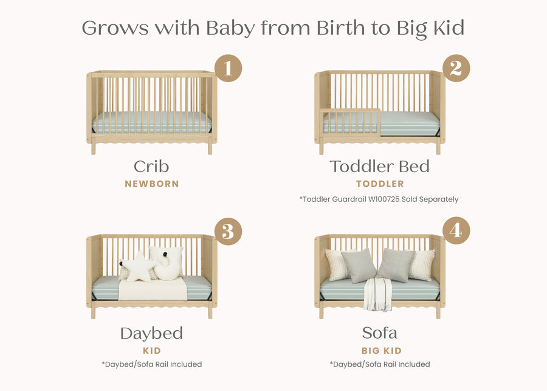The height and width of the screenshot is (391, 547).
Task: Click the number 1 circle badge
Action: (228, 68)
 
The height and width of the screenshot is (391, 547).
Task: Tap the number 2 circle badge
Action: (456, 68)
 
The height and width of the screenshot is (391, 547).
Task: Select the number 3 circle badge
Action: (228, 232)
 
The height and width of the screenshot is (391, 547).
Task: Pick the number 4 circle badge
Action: (456, 232)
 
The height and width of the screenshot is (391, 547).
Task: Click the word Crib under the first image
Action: (151, 167)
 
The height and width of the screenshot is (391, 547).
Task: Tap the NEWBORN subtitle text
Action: (151, 184)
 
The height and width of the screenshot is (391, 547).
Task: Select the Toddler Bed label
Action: (379, 167)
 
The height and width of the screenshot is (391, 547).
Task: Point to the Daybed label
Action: (151, 333)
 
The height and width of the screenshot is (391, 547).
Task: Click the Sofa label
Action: (379, 333)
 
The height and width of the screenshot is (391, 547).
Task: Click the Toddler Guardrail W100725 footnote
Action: (379, 199)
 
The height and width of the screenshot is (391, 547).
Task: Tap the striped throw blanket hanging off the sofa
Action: (378, 294)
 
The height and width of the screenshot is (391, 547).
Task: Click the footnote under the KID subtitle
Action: (151, 364)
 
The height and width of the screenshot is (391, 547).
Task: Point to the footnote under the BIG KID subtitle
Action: (379, 364)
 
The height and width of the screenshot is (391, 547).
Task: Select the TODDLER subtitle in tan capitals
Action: (379, 184)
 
